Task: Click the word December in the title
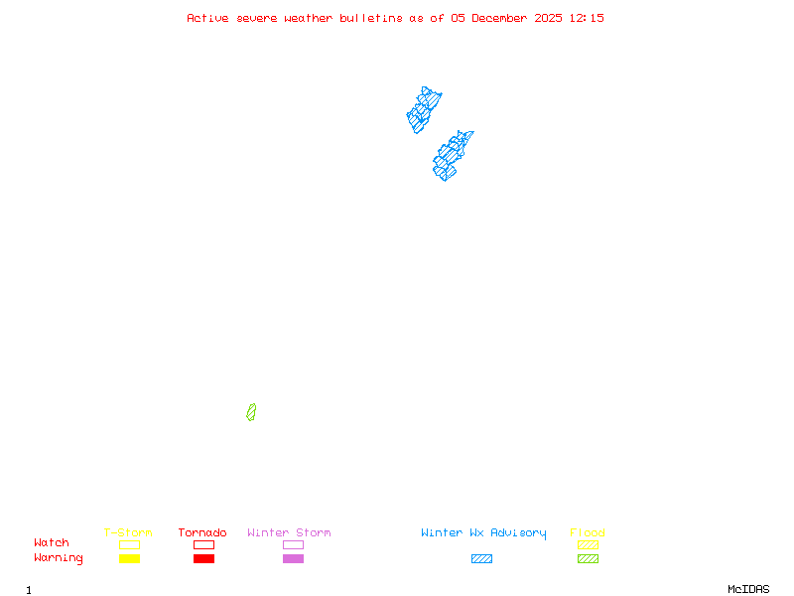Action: pos(501,18)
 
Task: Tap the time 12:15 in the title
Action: pos(587,18)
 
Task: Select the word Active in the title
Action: pos(208,18)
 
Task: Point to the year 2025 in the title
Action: pos(549,18)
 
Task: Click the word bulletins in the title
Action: pos(371,18)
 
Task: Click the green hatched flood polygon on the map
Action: pos(251,412)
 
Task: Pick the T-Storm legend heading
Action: pos(128,533)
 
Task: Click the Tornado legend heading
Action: pos(202,533)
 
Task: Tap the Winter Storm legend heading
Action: pos(289,533)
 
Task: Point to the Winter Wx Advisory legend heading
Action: pos(483,533)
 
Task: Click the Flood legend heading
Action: pos(588,533)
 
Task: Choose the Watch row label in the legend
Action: pos(52,543)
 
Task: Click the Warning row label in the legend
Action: pos(59,558)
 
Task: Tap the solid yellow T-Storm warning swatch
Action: pos(129,559)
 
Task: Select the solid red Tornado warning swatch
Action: pos(203,559)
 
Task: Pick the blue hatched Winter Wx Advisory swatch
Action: pos(481,559)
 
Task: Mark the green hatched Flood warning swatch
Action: pos(588,559)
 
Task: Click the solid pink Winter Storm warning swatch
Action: pos(293,559)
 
